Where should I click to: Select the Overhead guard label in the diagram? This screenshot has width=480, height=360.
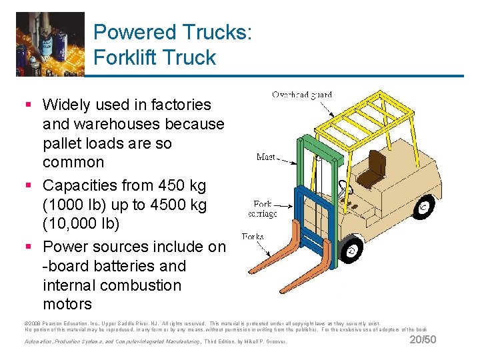pos(301,95)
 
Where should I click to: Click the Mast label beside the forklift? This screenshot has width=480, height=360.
pos(266,157)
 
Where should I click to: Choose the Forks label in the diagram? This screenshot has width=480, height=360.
pos(253,236)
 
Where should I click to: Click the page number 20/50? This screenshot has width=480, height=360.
pos(423,340)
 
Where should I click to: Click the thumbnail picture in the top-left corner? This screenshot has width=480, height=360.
pos(51,43)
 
